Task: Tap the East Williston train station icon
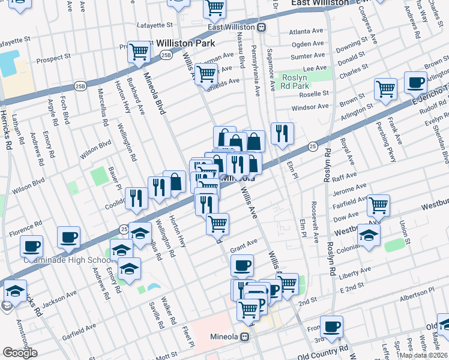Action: click(x=261, y=27)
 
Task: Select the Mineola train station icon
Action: click(x=245, y=337)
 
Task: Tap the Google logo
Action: click(x=19, y=353)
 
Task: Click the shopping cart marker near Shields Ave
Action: click(x=206, y=74)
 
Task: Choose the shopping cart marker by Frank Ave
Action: click(x=385, y=89)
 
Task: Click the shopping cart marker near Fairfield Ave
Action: click(x=378, y=205)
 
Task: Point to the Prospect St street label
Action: click(x=53, y=59)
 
